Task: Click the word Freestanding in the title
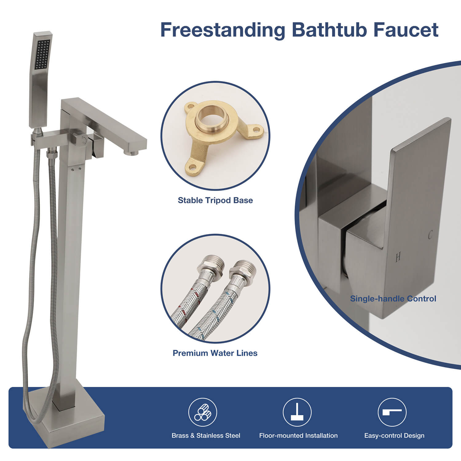[x=223, y=30]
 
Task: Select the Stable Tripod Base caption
[x=215, y=200]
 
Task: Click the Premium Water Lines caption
[x=215, y=353]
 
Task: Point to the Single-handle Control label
[x=393, y=299]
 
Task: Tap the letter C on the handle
[x=430, y=235]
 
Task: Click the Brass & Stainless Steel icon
[x=203, y=412]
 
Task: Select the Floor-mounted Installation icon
[x=297, y=412]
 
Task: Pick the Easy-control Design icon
[x=392, y=412]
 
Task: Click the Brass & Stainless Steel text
[x=206, y=435]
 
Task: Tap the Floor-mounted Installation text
[x=298, y=435]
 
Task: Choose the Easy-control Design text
[x=394, y=435]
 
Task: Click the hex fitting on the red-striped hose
[x=211, y=267]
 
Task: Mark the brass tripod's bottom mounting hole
[x=192, y=168]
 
